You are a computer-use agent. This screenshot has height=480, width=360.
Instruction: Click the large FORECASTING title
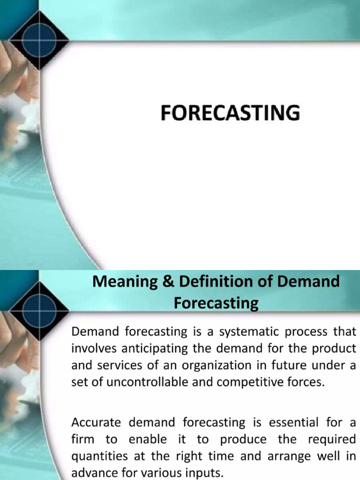point(230,113)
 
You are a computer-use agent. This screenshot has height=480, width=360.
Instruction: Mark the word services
point(118,366)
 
